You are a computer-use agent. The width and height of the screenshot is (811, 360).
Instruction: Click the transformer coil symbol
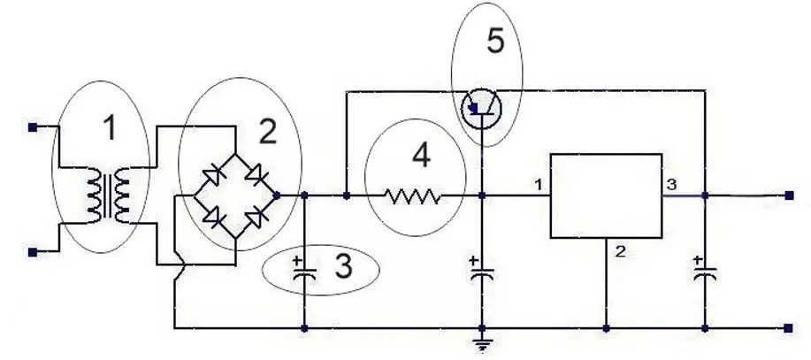pyautogui.click(x=108, y=196)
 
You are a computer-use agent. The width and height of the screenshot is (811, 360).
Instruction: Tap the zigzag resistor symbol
pyautogui.click(x=413, y=196)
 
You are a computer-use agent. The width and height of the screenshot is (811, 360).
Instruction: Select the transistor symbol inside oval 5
pyautogui.click(x=481, y=108)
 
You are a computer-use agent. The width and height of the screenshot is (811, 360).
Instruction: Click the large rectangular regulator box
pyautogui.click(x=606, y=196)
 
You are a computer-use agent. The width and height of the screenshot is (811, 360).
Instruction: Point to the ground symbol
pyautogui.click(x=482, y=343)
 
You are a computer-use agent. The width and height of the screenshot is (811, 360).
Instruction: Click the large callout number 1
pyautogui.click(x=110, y=127)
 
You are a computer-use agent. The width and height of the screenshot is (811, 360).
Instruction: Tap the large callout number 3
pyautogui.click(x=343, y=266)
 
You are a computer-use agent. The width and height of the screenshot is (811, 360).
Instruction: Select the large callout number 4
pyautogui.click(x=422, y=155)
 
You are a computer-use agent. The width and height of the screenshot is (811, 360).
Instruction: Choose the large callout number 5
pyautogui.click(x=495, y=41)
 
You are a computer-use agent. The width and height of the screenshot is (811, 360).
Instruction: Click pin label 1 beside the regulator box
pyautogui.click(x=539, y=185)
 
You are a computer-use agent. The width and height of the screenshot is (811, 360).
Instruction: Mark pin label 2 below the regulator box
pyautogui.click(x=620, y=252)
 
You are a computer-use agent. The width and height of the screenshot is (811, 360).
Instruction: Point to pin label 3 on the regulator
pyautogui.click(x=671, y=185)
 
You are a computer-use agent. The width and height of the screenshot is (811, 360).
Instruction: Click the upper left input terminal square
pyautogui.click(x=33, y=126)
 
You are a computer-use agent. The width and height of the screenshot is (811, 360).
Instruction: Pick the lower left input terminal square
pyautogui.click(x=33, y=252)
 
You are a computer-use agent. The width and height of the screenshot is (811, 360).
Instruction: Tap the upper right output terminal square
pyautogui.click(x=789, y=195)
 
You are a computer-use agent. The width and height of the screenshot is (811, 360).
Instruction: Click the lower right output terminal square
pyautogui.click(x=788, y=328)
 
